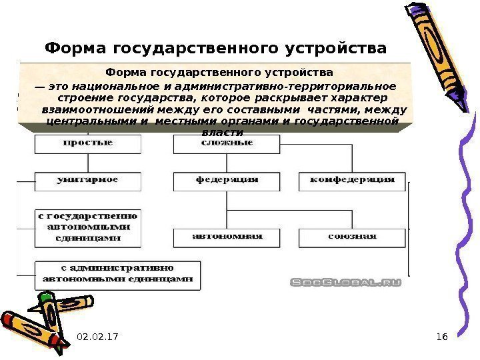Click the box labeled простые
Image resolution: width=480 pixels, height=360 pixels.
click(x=87, y=143)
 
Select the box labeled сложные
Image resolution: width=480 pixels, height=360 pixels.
click(x=224, y=143)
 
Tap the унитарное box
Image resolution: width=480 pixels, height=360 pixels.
click(x=87, y=180)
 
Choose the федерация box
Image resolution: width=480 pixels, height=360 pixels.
click(x=227, y=180)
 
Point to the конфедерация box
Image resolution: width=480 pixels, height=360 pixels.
click(x=352, y=180)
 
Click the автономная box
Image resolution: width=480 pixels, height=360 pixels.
click(x=227, y=237)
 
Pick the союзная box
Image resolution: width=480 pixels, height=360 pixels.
click(x=352, y=237)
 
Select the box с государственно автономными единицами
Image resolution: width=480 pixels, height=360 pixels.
click(x=87, y=227)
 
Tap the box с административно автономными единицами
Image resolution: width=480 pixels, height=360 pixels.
click(x=117, y=274)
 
